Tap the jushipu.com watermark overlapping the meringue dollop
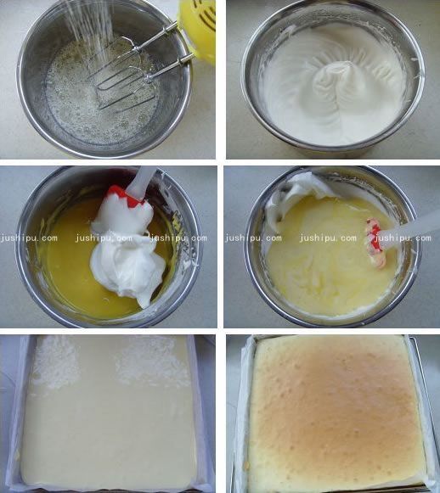[104, 238]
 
